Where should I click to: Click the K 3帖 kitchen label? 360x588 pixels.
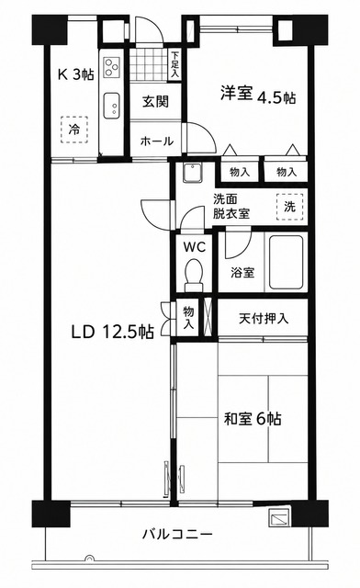(x=75, y=74)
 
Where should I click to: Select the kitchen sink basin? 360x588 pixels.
(x=112, y=106)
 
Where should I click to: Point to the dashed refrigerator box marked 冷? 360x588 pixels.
(x=74, y=130)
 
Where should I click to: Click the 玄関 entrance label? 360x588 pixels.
(x=155, y=101)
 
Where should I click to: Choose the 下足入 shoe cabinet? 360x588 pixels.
(x=174, y=65)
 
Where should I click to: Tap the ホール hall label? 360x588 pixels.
(x=157, y=141)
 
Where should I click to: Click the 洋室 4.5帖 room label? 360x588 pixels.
(x=258, y=94)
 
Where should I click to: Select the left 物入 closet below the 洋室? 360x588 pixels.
(x=240, y=172)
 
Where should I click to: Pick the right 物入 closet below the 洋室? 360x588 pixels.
(x=287, y=172)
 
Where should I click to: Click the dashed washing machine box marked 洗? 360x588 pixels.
(x=289, y=207)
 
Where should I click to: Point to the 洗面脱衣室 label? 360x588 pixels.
(x=231, y=206)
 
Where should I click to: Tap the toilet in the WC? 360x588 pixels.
(x=194, y=275)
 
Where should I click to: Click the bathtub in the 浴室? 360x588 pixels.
(x=286, y=262)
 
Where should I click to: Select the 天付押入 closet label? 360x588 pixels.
(x=264, y=319)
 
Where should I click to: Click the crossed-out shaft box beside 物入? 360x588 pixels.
(x=208, y=317)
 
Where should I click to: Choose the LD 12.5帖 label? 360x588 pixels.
(x=112, y=332)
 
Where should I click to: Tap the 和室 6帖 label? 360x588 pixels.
(x=253, y=419)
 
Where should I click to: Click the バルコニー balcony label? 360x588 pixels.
(x=177, y=534)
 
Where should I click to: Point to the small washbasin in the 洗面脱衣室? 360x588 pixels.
(x=193, y=173)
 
